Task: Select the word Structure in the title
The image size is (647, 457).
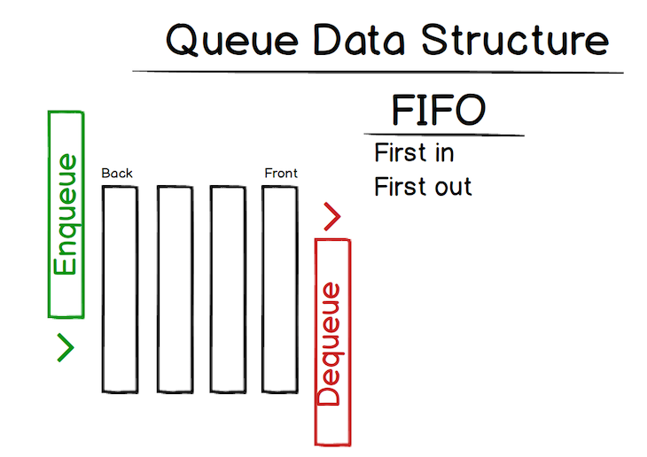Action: [515, 40]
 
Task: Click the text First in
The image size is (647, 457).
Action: [414, 152]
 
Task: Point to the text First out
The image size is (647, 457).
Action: [423, 187]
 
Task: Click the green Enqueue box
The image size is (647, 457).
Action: [65, 213]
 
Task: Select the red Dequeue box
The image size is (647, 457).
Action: [332, 342]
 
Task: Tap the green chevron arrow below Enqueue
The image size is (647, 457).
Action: [65, 348]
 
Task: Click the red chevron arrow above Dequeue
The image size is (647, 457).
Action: [331, 217]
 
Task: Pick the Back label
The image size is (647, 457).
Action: [117, 173]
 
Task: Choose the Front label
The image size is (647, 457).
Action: [281, 173]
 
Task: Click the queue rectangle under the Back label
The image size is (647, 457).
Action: [120, 289]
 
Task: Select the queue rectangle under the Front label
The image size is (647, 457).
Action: [279, 289]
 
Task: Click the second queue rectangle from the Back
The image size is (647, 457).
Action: [175, 289]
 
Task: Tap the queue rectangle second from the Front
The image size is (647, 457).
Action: [227, 289]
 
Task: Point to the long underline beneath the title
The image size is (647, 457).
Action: [378, 71]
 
